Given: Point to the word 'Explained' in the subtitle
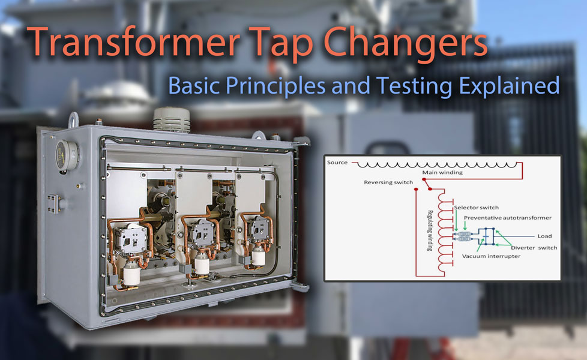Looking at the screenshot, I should coord(509,85).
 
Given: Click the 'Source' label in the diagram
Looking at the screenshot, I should coord(337,163).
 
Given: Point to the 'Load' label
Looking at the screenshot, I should coord(544,236).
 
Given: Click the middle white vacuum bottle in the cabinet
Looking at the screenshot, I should coord(202,263).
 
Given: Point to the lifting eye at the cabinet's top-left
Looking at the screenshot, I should coord(74,118).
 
